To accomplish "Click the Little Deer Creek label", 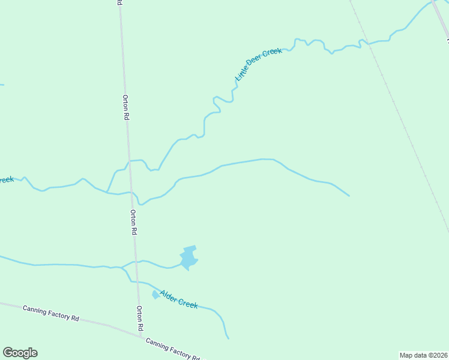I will [259, 65].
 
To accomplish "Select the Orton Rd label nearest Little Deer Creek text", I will [125, 108].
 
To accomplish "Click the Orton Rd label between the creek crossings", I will [134, 222].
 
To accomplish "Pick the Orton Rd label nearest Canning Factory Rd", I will [140, 319].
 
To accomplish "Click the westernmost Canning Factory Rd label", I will [51, 313].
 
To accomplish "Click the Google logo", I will [20, 353].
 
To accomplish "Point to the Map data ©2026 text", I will [423, 355].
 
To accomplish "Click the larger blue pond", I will [188, 257].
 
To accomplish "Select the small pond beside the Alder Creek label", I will [156, 294].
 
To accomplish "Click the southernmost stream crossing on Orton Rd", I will [137, 281].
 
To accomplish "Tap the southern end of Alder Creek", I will [228, 338].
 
